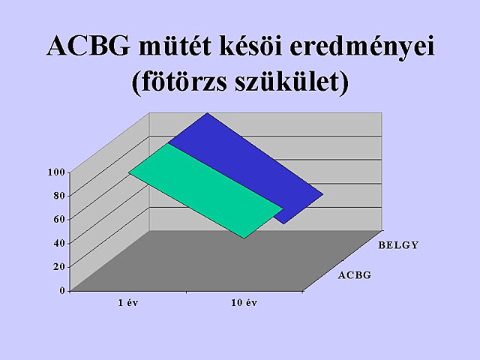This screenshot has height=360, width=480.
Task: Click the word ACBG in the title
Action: coord(88,46)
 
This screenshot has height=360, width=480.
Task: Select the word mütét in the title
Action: coord(175,45)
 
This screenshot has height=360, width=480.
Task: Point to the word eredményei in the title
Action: coord(362,48)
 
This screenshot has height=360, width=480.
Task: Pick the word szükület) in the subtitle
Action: coord(292,82)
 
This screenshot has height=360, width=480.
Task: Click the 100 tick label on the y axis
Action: coord(57,172)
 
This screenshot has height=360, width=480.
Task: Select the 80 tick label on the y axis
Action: coord(59,196)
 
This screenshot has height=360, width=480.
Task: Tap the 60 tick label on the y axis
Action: coord(59,219)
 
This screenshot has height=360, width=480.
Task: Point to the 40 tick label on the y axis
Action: coord(59,243)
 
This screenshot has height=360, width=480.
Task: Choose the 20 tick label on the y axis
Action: coord(59,267)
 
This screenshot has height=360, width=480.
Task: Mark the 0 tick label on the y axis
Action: coord(62,290)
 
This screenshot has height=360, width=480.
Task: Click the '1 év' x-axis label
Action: coord(128,303)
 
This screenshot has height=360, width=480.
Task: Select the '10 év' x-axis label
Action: coord(244,303)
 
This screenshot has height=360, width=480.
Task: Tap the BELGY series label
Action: coord(398,245)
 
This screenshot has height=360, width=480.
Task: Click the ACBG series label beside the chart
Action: coord(355,275)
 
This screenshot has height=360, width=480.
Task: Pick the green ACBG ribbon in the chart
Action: coord(205,190)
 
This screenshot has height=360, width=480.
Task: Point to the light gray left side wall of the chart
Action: coord(109,202)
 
